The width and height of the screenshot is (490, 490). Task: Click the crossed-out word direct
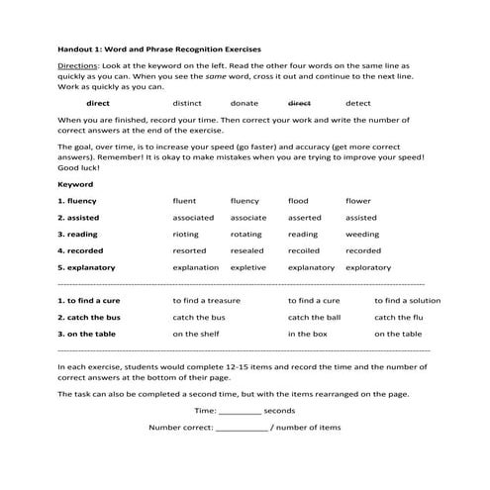(299, 103)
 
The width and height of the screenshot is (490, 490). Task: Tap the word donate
(244, 103)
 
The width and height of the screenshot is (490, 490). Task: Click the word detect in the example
(357, 103)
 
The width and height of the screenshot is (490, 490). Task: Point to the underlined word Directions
(78, 64)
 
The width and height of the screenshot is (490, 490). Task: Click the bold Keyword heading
(75, 184)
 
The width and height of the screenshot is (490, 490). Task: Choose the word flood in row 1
(298, 201)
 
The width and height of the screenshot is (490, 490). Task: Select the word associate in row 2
(247, 218)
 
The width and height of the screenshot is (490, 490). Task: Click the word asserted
(304, 218)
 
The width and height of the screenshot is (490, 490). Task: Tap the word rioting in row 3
(186, 235)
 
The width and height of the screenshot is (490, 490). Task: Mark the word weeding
(361, 235)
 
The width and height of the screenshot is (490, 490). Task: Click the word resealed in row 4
(246, 251)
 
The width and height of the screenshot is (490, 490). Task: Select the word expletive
(247, 267)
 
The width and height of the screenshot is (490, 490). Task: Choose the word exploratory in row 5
(368, 267)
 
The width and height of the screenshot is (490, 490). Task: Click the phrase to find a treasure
(206, 300)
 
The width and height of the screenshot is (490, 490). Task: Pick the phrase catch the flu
(399, 317)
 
